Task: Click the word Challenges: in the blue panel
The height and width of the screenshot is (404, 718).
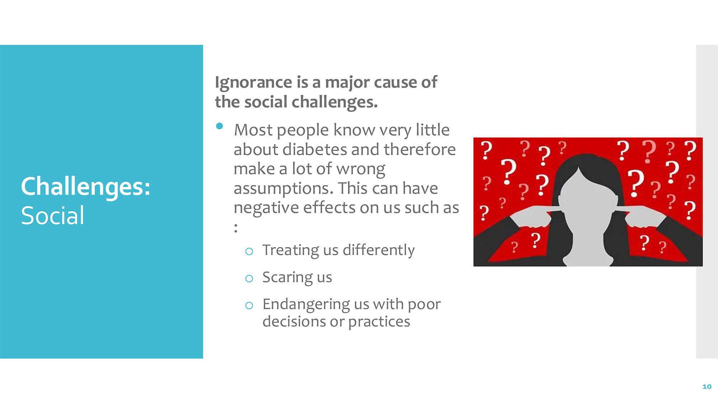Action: click(85, 187)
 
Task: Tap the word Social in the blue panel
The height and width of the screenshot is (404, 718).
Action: click(52, 216)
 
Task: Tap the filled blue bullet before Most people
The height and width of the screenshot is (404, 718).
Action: click(220, 126)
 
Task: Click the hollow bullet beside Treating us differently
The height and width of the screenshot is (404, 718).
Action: click(249, 251)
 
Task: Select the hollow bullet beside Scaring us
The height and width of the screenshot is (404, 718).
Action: click(249, 278)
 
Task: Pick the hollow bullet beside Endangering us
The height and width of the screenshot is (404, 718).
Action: click(249, 306)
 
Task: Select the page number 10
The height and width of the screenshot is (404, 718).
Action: click(707, 386)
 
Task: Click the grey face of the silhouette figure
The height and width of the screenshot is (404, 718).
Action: click(587, 201)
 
